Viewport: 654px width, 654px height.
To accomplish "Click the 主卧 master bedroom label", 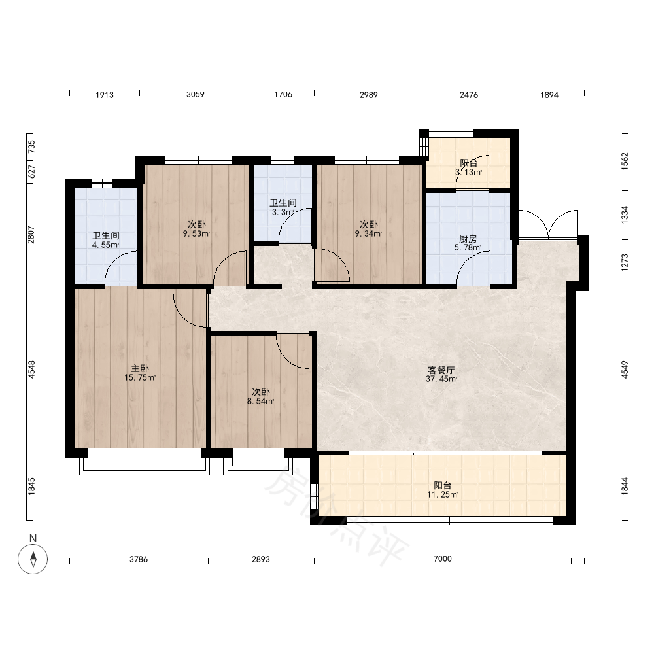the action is (x=140, y=368).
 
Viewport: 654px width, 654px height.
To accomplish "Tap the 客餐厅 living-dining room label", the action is (x=441, y=370).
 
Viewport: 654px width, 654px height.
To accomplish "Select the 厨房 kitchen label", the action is (x=468, y=239).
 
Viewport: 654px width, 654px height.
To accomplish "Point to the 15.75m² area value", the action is (x=140, y=378).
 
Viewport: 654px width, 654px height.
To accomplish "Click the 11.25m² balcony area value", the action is (x=443, y=494).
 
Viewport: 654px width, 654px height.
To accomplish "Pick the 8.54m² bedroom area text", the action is (x=260, y=402).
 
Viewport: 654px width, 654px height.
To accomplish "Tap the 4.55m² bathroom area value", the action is (x=105, y=245).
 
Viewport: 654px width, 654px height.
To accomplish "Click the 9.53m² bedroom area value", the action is (x=196, y=233).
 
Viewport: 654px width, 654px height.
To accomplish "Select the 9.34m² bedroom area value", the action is (x=368, y=233).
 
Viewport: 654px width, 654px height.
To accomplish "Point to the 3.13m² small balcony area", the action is (x=468, y=172).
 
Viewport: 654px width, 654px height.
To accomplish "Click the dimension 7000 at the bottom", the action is (x=443, y=559).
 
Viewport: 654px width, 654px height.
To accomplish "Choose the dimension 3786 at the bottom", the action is (x=139, y=559).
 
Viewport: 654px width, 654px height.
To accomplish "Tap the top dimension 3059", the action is (x=195, y=95).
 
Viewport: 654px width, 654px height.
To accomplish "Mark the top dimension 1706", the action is (x=283, y=95).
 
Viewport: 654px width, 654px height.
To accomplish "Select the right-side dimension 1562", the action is (x=625, y=162).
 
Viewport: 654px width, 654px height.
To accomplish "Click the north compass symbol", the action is (x=33, y=559).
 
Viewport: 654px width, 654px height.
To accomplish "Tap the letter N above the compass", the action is (x=33, y=538).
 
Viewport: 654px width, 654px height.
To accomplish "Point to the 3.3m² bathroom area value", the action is (x=283, y=212).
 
